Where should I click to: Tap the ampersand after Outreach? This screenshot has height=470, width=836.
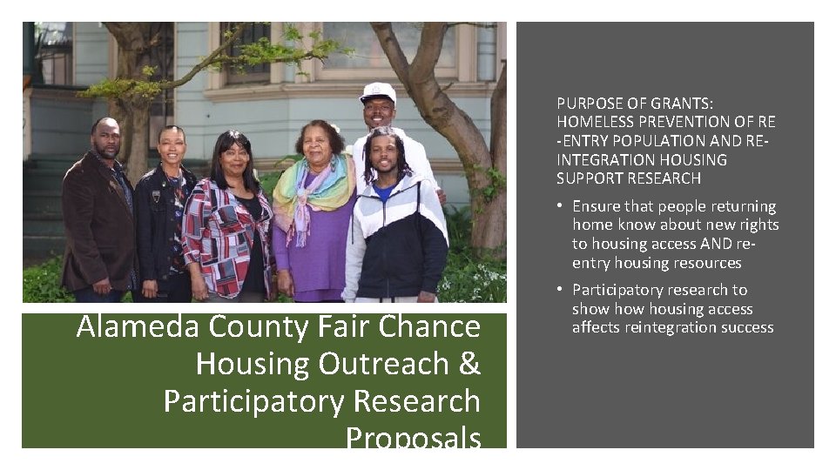pos(469,364)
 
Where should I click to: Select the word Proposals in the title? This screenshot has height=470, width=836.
pos(413,437)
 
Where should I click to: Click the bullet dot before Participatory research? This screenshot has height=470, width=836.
pos(563,290)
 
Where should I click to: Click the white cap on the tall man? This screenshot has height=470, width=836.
pos(378,91)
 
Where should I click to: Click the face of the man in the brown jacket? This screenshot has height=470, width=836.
pos(107,140)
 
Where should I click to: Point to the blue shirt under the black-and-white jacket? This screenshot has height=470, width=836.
pos(384,191)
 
